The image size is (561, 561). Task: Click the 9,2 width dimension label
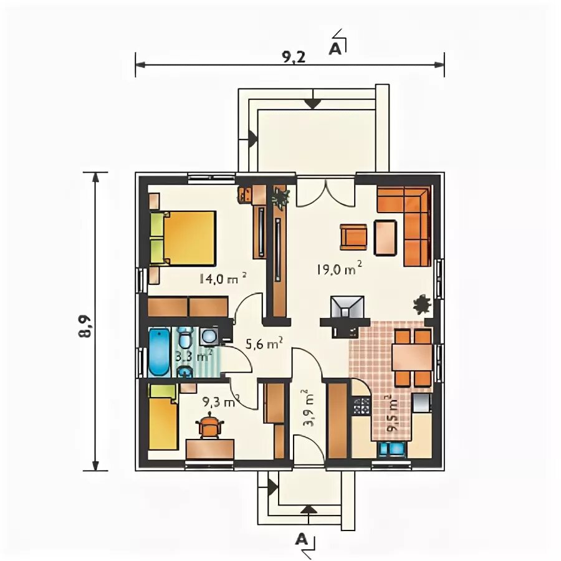point(294,57)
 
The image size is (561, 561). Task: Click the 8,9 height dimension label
point(85,327)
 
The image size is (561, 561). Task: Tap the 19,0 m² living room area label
point(339,268)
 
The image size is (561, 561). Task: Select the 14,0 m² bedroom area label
point(223,278)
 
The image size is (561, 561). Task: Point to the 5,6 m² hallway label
point(264,343)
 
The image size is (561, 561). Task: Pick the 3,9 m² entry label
point(309,408)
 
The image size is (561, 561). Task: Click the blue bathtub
point(159,353)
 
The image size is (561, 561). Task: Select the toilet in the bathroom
point(185,338)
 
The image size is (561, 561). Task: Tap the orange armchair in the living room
point(353,237)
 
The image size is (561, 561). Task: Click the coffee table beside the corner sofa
point(385,237)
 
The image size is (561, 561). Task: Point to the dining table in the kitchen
point(412,357)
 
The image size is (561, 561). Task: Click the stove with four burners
point(362,406)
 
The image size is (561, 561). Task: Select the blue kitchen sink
point(393,449)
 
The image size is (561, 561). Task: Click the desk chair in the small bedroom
point(209,424)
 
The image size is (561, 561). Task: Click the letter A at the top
point(335,49)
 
